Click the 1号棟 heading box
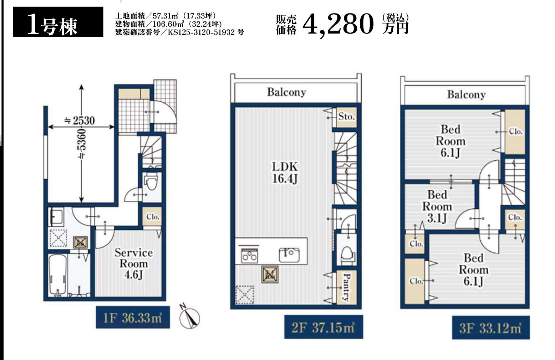pos(58,22)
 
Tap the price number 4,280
pos(338,25)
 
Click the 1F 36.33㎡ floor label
pos(133,318)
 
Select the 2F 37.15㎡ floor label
pos(324,327)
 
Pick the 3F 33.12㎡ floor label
pos(491,328)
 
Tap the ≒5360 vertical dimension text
pos(82,144)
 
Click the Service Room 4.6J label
pos(133,264)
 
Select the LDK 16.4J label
pos(285,173)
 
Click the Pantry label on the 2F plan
pos(346,287)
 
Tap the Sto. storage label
pos(346,116)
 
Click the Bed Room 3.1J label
pos(437,207)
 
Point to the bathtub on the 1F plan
pos(58,275)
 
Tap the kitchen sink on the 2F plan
pos(289,255)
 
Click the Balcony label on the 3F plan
pos(466,94)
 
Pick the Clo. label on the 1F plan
pos(152,217)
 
